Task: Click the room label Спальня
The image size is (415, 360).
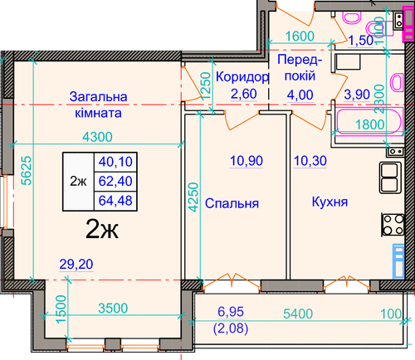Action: coord(232,203)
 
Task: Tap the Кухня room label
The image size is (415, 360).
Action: coord(330,202)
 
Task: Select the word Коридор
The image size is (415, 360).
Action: coord(242,77)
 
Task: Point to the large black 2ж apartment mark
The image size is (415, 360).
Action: coord(102,228)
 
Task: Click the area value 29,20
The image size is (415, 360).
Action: coord(76,265)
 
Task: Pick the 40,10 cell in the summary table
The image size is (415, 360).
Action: coord(115,162)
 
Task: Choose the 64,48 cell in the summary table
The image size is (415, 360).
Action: coord(115,201)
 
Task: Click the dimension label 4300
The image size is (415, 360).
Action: coord(98,137)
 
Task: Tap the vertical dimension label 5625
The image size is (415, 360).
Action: coord(27,171)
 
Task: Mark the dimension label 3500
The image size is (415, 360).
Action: coord(113,308)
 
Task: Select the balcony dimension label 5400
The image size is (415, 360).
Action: coord(298,314)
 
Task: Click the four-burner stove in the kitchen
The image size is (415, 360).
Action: coord(393,225)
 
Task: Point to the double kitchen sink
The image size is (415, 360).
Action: coord(390,178)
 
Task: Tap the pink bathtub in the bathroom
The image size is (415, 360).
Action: coord(369,122)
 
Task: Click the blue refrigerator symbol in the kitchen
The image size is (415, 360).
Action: coord(398,261)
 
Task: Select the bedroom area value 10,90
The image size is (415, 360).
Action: coord(247,161)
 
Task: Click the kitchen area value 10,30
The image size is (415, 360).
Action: coord(310,161)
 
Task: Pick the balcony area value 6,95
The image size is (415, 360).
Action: coord(231,312)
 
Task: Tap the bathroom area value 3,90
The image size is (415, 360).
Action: coord(357,95)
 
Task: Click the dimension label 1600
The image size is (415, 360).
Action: coord(300,36)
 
